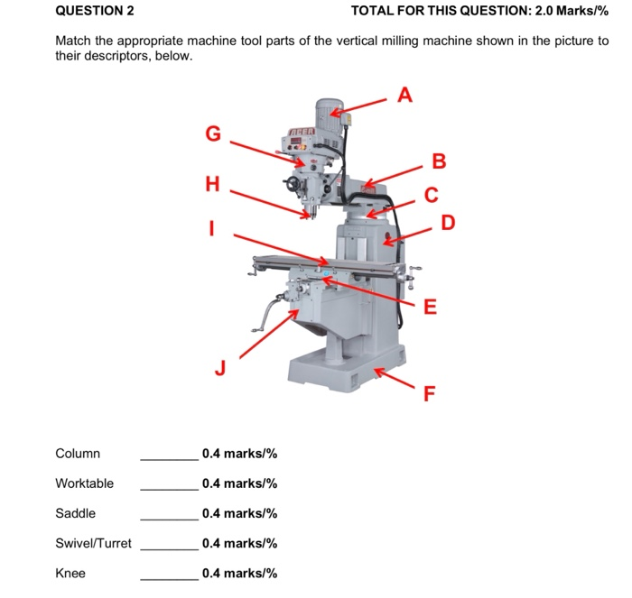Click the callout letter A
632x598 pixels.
pos(405,94)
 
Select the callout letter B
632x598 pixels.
pos(439,161)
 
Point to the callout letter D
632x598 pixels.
pos(448,222)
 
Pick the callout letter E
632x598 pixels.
pos(431,307)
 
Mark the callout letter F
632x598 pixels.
pos(430,392)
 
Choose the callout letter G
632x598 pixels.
pos(213,133)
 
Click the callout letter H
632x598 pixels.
pos(212,184)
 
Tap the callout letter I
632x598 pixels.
pos(212,229)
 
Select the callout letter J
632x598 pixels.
pos(218,367)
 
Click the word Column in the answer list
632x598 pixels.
pos(78,454)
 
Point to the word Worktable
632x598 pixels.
pos(84,483)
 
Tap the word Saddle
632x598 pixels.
pos(75,513)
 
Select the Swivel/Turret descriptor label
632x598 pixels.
pos(93,543)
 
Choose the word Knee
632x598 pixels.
pos(70,573)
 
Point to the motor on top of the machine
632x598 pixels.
pos(331,115)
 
